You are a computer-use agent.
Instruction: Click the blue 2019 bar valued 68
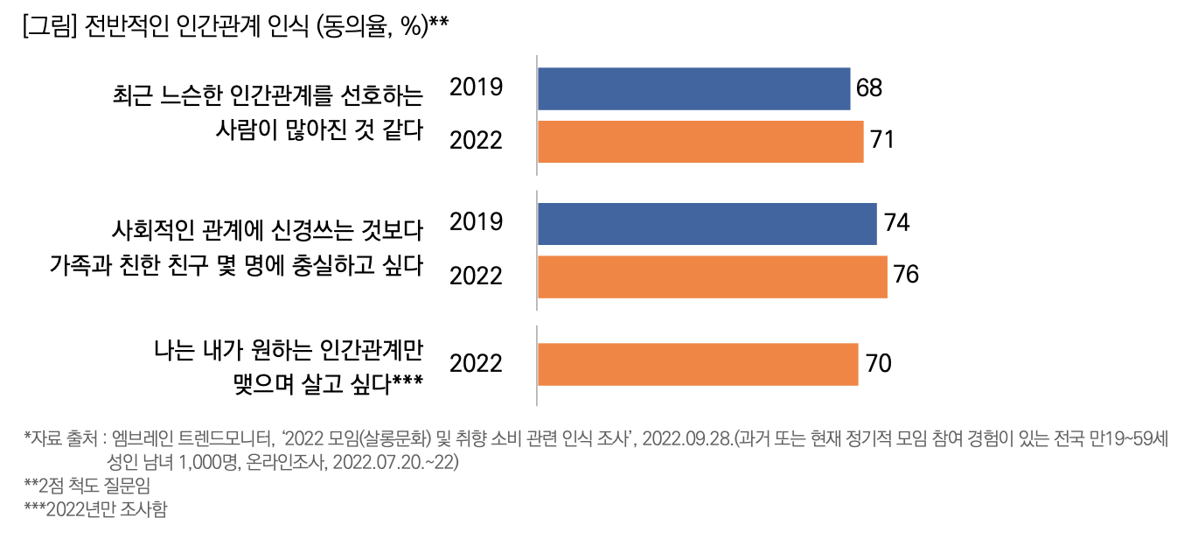(x=693, y=89)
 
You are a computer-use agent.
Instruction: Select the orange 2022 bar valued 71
(x=700, y=141)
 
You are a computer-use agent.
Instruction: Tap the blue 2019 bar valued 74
(x=707, y=224)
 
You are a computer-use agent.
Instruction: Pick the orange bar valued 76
(x=712, y=276)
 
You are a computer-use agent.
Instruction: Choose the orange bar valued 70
(x=698, y=364)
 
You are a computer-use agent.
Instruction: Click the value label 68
(x=870, y=89)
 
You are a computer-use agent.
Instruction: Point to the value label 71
(x=882, y=140)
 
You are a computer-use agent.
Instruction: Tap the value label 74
(x=896, y=224)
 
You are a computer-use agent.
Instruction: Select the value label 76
(x=906, y=276)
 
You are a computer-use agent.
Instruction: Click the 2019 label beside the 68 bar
(x=476, y=87)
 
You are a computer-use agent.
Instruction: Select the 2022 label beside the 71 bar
(x=476, y=141)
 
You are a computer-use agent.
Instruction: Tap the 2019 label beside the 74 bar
(x=476, y=222)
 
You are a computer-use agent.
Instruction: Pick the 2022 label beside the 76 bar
(x=476, y=276)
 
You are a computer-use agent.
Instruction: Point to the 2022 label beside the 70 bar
(x=476, y=363)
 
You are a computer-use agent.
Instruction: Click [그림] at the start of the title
(x=50, y=27)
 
